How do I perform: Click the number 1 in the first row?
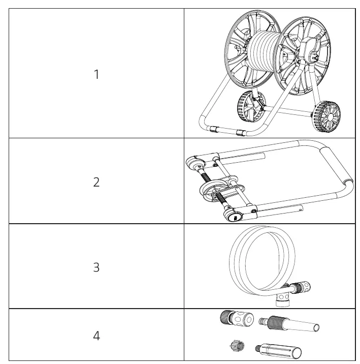(x=97, y=74)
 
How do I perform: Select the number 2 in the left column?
(x=97, y=182)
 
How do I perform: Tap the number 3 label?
(x=97, y=267)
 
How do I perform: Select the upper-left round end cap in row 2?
(x=195, y=163)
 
